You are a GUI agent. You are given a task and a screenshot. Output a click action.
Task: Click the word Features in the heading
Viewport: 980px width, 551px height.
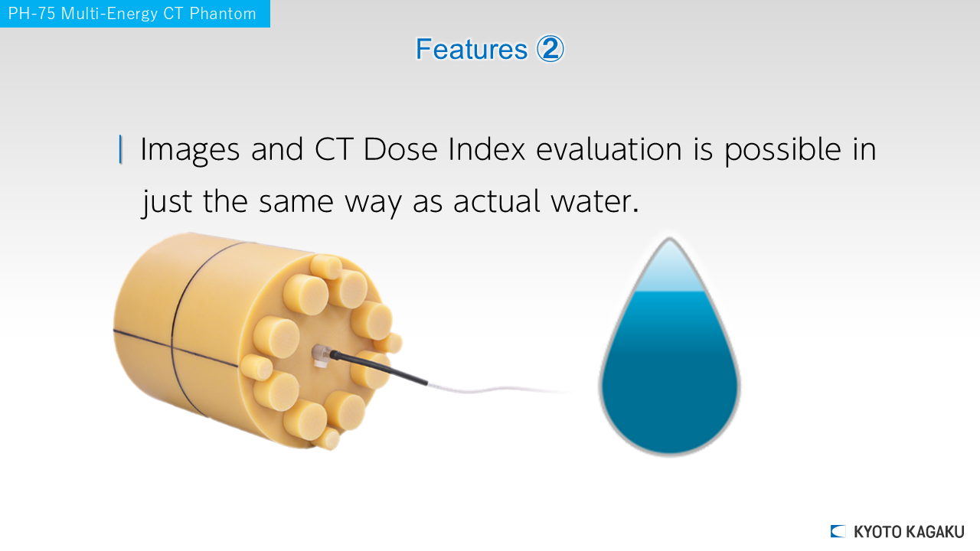[x=472, y=49]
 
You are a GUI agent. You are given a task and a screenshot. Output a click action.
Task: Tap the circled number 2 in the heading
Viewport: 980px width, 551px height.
[x=550, y=48]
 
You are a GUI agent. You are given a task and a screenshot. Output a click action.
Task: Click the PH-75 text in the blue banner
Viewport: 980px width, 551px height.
[x=31, y=14]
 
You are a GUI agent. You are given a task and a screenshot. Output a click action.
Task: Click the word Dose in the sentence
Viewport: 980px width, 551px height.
[x=400, y=149]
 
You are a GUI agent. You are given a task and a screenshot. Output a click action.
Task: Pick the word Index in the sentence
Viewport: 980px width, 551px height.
[x=487, y=149]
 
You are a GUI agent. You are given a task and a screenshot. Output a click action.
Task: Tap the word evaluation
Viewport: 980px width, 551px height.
[x=609, y=149]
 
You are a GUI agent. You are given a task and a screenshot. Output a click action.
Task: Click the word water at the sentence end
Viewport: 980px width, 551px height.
[x=595, y=201]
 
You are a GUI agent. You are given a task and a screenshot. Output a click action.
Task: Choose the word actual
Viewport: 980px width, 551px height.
[x=497, y=201]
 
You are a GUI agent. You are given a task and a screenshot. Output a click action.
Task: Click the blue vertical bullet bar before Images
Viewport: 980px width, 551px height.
[x=120, y=149]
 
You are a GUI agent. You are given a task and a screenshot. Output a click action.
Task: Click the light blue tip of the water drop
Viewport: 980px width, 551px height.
[x=669, y=267]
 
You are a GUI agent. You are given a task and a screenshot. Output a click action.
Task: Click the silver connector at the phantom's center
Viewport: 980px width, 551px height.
[x=322, y=354]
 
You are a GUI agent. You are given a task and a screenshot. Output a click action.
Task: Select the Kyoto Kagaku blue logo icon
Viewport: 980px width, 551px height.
[x=838, y=531]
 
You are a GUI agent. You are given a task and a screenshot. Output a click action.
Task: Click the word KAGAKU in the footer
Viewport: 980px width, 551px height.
[x=936, y=532]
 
